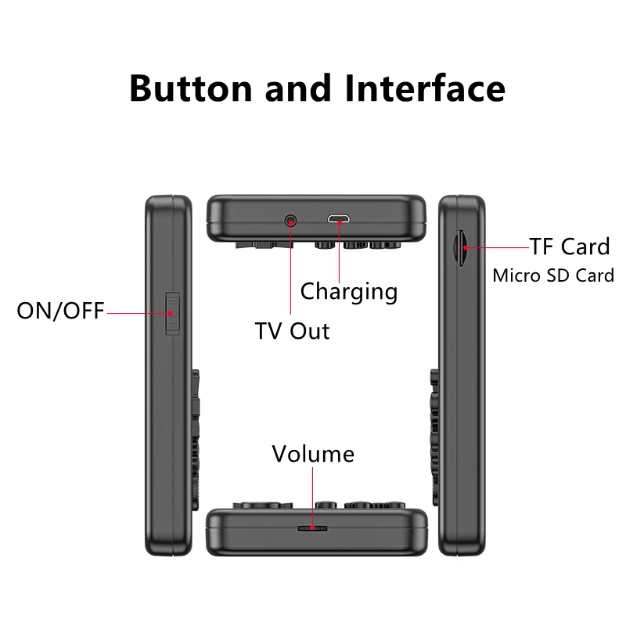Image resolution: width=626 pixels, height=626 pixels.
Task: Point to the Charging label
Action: pos(349,292)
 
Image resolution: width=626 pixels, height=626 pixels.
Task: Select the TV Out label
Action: pos(293,329)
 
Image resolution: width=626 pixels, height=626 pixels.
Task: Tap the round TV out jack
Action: pos(292,221)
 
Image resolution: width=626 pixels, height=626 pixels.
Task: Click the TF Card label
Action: pos(569,246)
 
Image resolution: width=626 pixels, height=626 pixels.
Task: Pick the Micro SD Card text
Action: pos(553,275)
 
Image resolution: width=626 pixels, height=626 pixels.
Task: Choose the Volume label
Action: pos(313,454)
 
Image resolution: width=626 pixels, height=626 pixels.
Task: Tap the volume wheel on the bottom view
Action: pos(312,529)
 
